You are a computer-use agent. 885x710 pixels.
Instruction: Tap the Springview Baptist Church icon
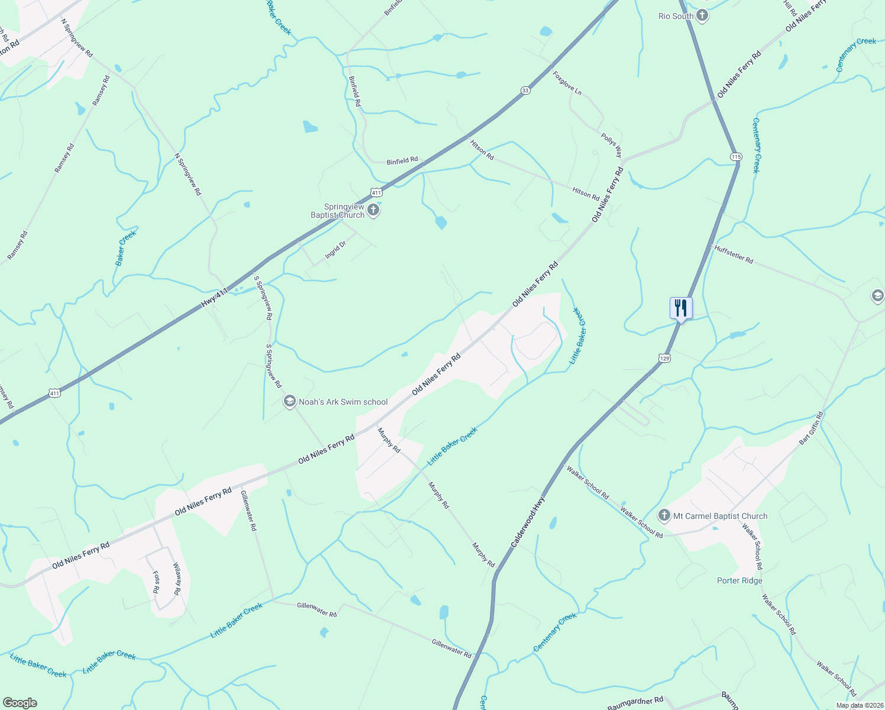click(x=373, y=209)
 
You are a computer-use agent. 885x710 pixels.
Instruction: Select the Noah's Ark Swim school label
click(x=343, y=402)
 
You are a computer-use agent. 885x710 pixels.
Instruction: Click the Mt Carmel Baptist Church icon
click(x=664, y=516)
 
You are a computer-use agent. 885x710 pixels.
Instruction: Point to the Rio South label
click(x=676, y=16)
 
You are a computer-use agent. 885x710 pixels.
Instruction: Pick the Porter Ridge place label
click(x=739, y=580)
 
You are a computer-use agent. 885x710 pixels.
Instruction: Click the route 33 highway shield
click(x=525, y=90)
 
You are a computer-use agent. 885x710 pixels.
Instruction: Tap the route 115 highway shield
click(x=735, y=157)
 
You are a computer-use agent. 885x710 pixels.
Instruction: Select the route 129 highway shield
click(x=664, y=358)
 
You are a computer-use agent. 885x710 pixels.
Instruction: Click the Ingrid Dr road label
click(x=335, y=251)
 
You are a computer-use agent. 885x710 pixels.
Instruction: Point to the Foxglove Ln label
click(x=567, y=83)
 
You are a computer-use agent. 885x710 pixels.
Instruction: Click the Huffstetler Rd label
click(x=734, y=254)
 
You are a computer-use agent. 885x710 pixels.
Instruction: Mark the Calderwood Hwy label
click(x=528, y=521)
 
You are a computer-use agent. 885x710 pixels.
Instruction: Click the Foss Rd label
click(x=156, y=582)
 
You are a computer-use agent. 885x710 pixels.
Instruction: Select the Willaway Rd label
click(x=176, y=579)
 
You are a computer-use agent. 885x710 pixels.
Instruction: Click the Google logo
click(x=20, y=703)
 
